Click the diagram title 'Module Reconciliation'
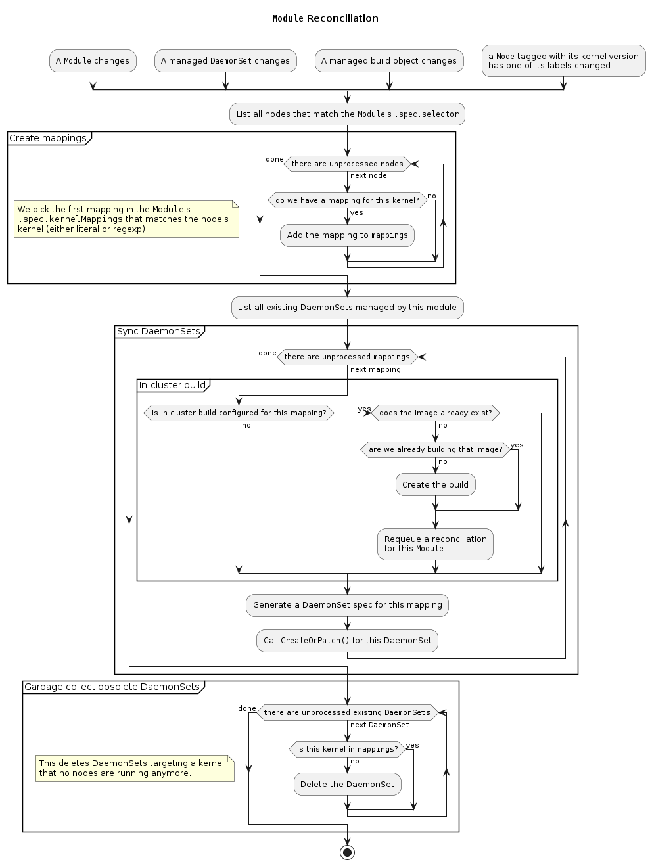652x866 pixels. tap(325, 18)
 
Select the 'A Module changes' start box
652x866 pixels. tap(93, 61)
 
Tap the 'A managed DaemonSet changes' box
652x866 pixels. tap(225, 61)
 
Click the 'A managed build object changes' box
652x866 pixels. tap(389, 61)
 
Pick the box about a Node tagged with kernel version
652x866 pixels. tap(563, 61)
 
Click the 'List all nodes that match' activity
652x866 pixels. tap(347, 114)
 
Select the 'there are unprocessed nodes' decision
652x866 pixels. tap(347, 164)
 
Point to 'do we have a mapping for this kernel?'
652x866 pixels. tap(347, 200)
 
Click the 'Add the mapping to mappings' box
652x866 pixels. tap(347, 235)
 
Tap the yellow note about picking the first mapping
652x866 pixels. tap(126, 219)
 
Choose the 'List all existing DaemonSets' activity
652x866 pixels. tap(347, 308)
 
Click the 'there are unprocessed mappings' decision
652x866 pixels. tap(347, 357)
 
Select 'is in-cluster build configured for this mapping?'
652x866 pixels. tap(239, 413)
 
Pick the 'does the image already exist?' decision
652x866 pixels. tap(435, 413)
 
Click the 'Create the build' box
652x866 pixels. tap(435, 485)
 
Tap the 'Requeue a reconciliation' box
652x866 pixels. tap(435, 544)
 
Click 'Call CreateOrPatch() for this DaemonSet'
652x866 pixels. tap(347, 641)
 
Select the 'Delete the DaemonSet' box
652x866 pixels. tap(347, 785)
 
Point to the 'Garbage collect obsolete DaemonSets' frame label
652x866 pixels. tap(112, 687)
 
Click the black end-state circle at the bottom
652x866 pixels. tap(347, 852)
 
